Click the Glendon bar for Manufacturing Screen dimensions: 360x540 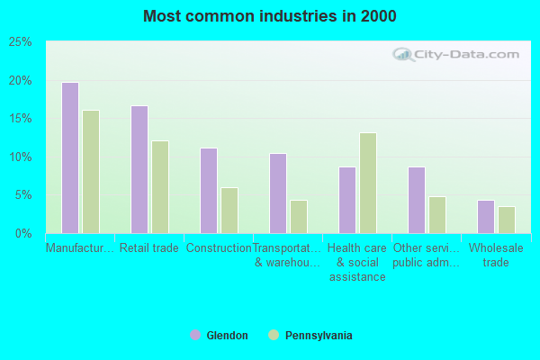tap(70, 157)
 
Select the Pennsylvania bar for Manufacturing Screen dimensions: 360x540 tap(91, 172)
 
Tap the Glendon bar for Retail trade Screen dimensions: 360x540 tap(139, 169)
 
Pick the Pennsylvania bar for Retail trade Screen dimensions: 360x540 tap(160, 187)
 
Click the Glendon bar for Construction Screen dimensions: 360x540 tap(209, 191)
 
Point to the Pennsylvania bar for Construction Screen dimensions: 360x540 tap(229, 211)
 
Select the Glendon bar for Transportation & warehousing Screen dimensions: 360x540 tap(278, 193)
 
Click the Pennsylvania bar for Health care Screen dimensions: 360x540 tap(368, 183)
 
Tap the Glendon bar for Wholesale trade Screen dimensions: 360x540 tap(486, 217)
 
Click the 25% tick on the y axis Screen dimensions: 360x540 tap(21, 42)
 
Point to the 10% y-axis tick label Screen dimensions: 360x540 tap(21, 157)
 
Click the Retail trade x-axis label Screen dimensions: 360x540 tap(149, 248)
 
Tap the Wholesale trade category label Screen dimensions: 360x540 tap(496, 256)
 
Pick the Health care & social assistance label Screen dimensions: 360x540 tap(357, 263)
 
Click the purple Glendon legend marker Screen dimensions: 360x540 tap(195, 335)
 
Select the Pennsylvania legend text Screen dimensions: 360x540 tap(319, 336)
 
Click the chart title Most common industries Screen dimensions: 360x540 tap(269, 16)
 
